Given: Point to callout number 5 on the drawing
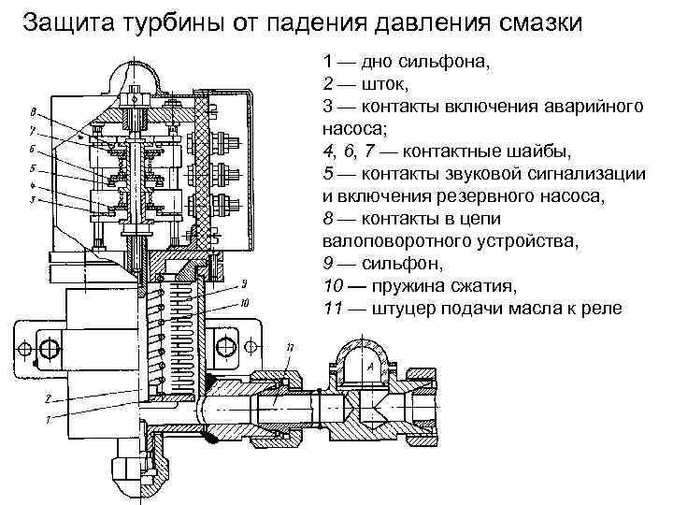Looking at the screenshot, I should click(x=33, y=169).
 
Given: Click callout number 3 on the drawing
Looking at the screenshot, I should click(x=33, y=199).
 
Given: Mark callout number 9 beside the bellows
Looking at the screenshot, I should click(x=243, y=282).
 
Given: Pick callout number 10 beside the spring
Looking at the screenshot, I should click(x=244, y=302).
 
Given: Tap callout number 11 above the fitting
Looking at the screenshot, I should click(x=291, y=348).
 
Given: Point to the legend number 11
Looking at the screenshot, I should click(x=332, y=310).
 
